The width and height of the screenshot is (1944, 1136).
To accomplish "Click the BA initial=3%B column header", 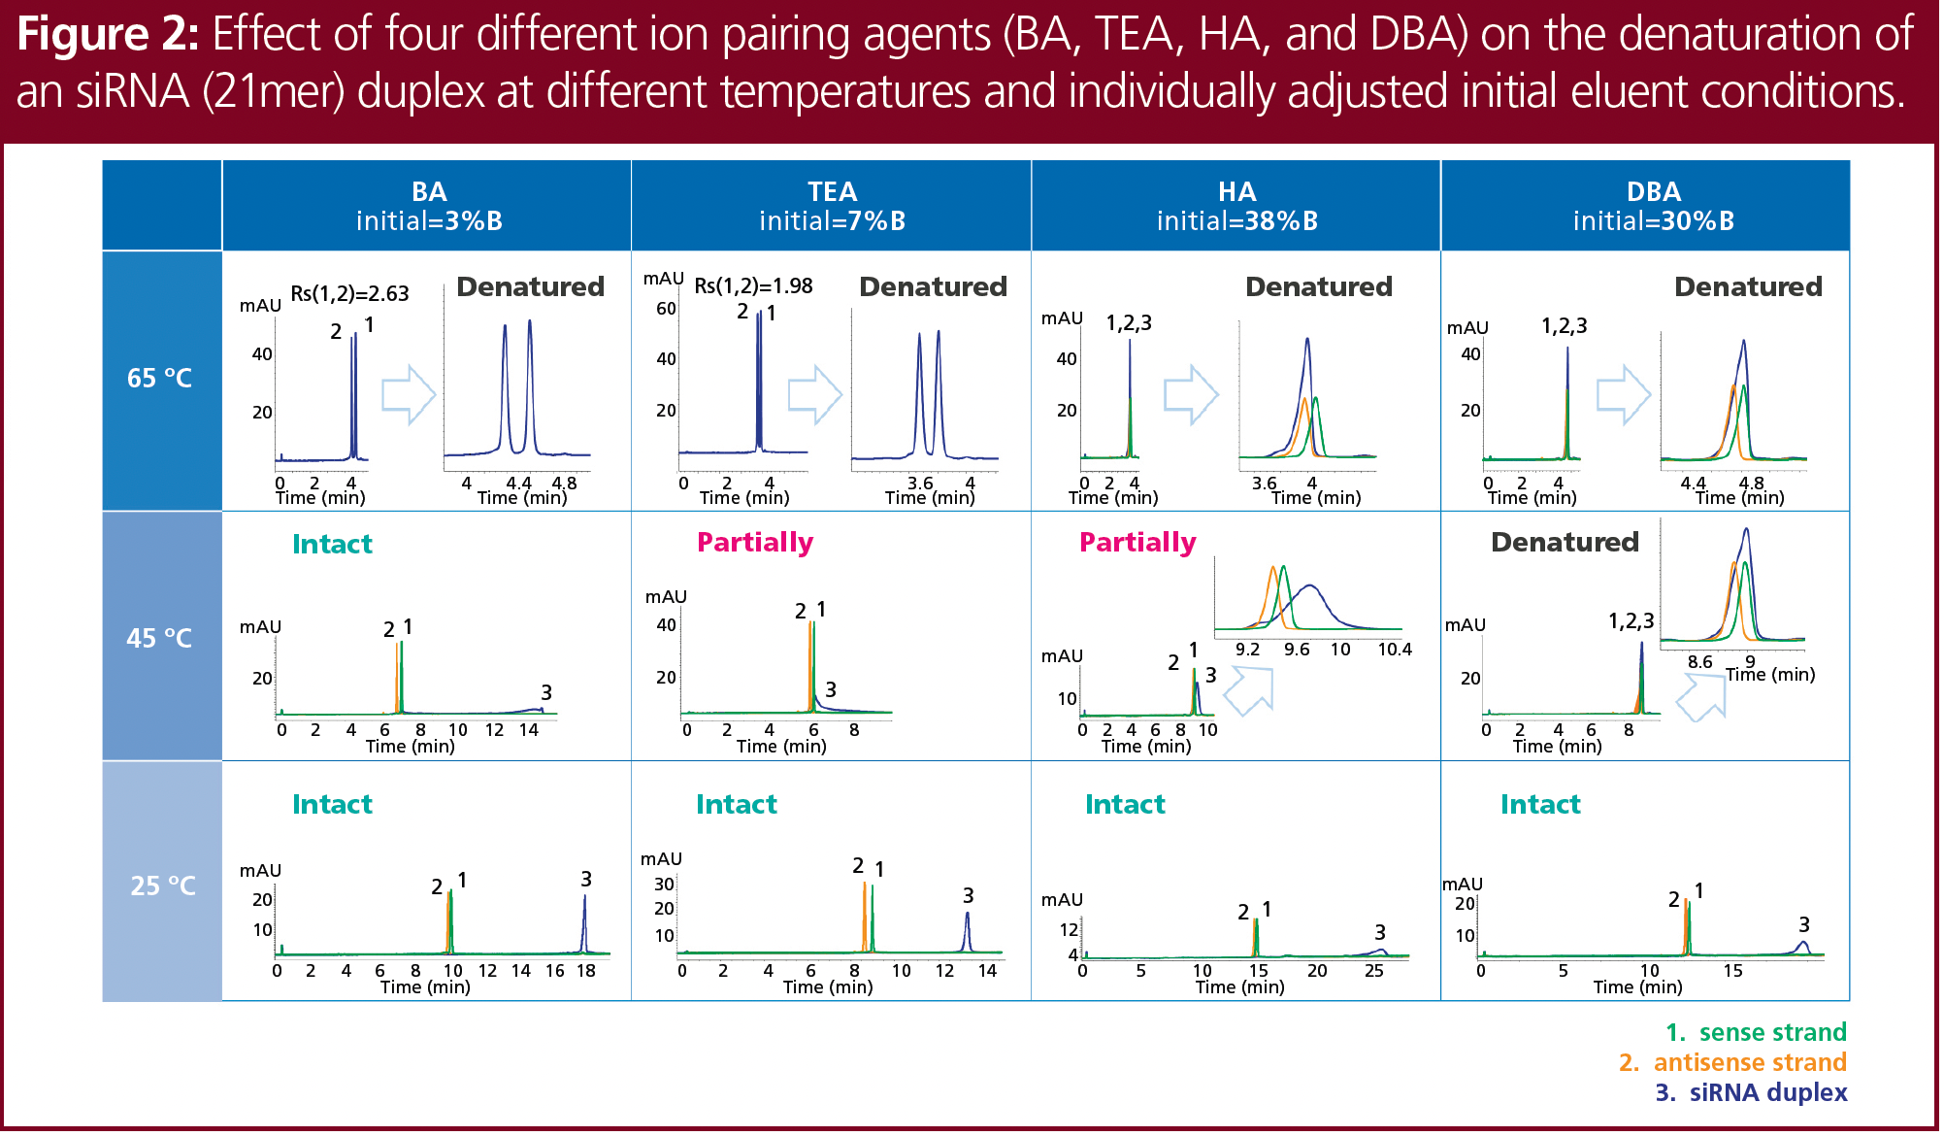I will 428,206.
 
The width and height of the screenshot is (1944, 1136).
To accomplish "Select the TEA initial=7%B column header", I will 832,206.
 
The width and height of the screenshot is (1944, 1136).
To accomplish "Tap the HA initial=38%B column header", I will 1236,206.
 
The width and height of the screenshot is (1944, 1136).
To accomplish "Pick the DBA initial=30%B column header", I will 1653,206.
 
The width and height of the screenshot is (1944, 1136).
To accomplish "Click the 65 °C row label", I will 160,379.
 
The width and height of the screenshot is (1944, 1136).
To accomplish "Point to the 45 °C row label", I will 160,638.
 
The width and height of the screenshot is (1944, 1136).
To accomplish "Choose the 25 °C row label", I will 163,885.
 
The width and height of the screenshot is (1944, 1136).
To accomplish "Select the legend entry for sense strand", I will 1756,1032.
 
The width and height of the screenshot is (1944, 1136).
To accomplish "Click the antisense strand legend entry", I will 1732,1062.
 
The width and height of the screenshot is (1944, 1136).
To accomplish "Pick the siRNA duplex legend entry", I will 1751,1092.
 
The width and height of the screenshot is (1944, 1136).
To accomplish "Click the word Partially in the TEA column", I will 755,542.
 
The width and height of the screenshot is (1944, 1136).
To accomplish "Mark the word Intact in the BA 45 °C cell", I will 332,544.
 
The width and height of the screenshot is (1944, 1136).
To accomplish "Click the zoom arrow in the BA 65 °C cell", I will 409,394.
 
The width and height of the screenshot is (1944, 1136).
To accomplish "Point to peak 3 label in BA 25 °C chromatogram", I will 586,879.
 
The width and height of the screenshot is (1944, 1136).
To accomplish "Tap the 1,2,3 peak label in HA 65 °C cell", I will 1129,323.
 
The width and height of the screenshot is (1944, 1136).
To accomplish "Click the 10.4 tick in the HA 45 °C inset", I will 1395,650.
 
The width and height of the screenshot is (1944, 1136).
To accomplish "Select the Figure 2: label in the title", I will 108,35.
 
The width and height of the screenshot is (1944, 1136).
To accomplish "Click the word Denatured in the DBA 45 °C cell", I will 1565,542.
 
